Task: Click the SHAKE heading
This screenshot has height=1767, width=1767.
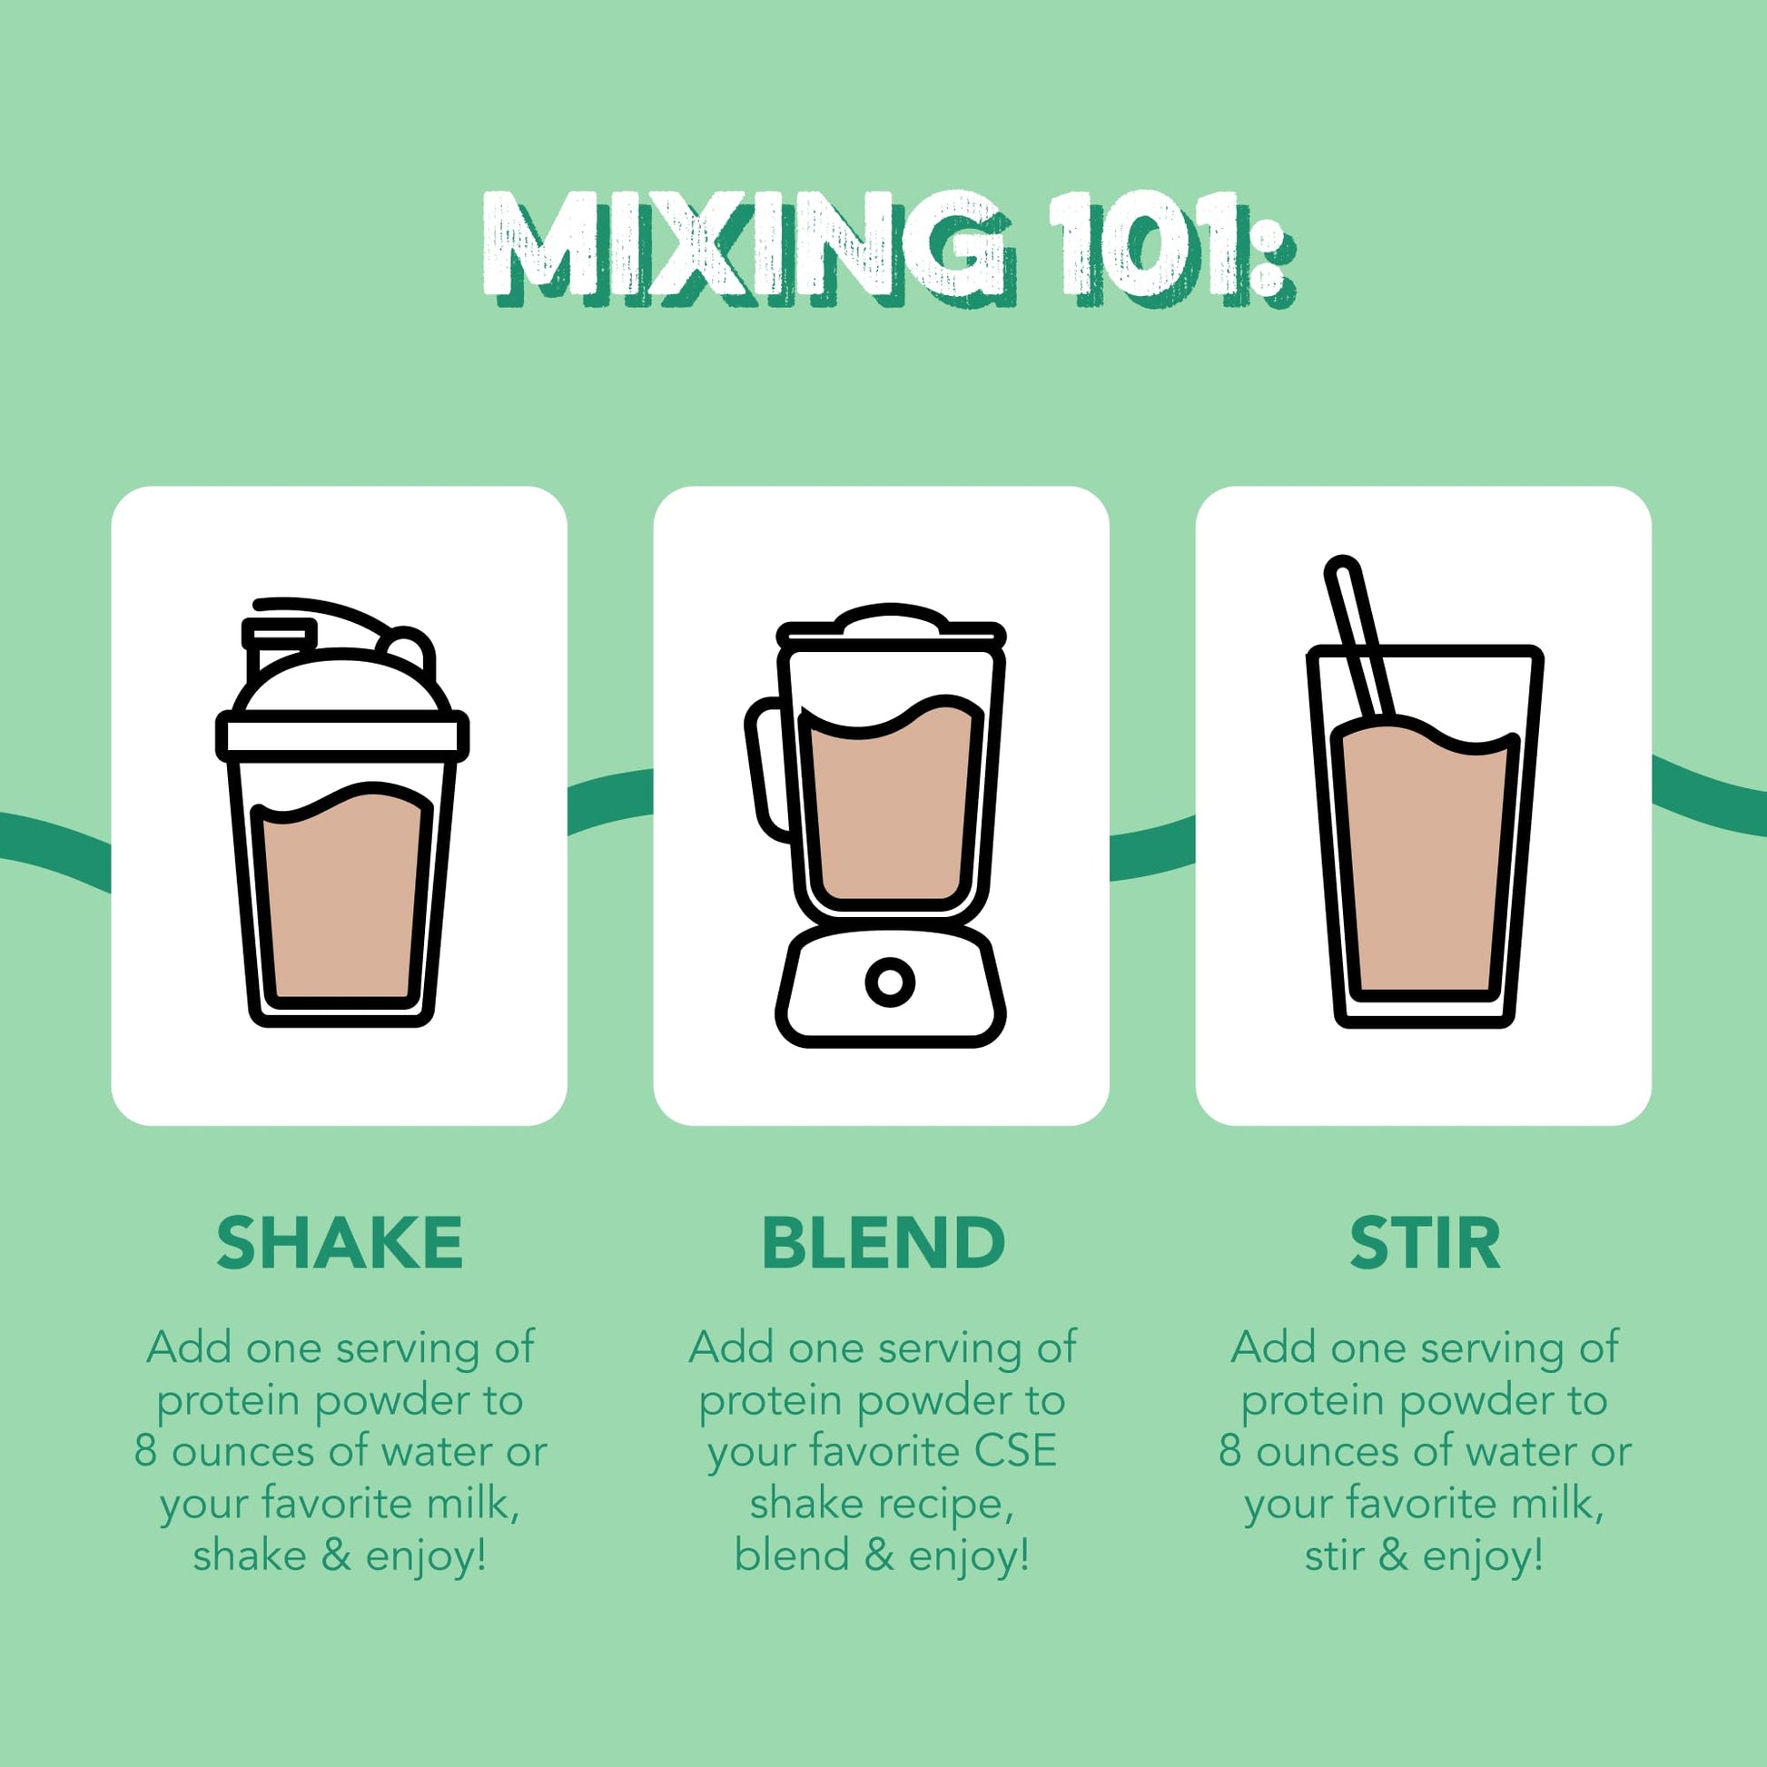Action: click(340, 1243)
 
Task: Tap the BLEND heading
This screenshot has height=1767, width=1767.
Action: click(883, 1243)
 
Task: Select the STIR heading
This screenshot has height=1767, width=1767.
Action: click(1425, 1243)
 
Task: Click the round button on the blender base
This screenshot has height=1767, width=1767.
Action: click(890, 982)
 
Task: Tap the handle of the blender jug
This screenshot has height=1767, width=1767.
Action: click(766, 768)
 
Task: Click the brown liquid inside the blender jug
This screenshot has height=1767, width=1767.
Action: click(890, 805)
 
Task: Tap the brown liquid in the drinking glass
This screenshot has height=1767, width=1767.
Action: click(1424, 860)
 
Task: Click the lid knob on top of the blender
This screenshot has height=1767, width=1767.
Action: click(890, 617)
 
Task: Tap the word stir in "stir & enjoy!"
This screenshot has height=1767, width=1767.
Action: click(1335, 1555)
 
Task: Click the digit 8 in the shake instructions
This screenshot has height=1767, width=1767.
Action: click(144, 1451)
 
